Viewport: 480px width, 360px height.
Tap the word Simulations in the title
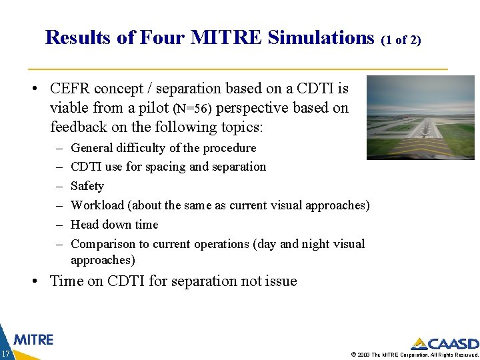coord(321,38)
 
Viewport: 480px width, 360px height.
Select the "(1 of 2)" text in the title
coord(401,40)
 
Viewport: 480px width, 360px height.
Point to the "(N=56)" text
coord(194,108)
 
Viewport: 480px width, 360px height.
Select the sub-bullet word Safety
coord(87,186)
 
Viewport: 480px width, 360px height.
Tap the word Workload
coord(97,205)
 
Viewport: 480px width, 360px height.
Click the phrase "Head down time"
coord(114,225)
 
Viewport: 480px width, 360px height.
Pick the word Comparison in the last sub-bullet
coord(102,244)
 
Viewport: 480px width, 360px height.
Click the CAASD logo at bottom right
coord(444,344)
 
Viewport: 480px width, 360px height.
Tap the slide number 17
coord(5,353)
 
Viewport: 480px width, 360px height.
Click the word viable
coord(69,108)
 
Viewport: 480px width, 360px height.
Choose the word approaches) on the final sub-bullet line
coord(103,260)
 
